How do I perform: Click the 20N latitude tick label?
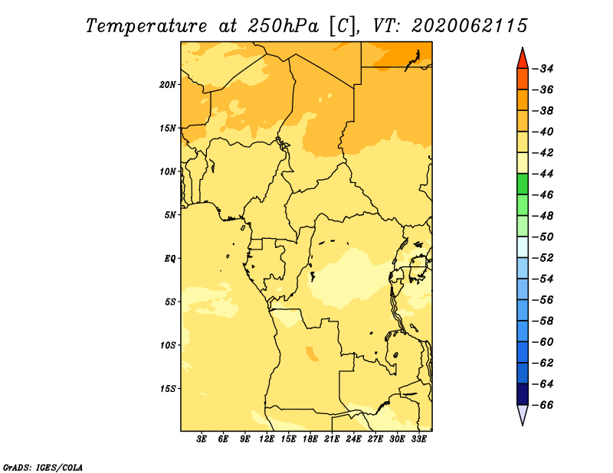[x=167, y=85]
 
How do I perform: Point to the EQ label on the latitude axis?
[x=169, y=259]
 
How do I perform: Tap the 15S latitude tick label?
[x=168, y=389]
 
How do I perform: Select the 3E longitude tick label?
[x=202, y=439]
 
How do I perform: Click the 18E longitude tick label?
[x=310, y=439]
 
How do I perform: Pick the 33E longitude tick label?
[x=418, y=439]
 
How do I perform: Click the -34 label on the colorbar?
[x=543, y=69]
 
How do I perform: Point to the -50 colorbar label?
[x=543, y=237]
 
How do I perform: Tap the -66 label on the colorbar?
[x=543, y=405]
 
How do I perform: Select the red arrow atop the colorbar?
[x=523, y=60]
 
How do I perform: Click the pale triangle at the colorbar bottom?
[x=523, y=413]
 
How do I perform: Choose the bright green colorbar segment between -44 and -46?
[x=523, y=184]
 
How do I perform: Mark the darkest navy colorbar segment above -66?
[x=523, y=394]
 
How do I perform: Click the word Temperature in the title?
[x=146, y=26]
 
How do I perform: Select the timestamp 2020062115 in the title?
[x=470, y=26]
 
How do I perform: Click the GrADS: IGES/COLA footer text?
[x=43, y=467]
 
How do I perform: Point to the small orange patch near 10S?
[x=312, y=353]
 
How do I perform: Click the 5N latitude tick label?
[x=169, y=215]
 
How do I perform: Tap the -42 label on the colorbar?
[x=543, y=153]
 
